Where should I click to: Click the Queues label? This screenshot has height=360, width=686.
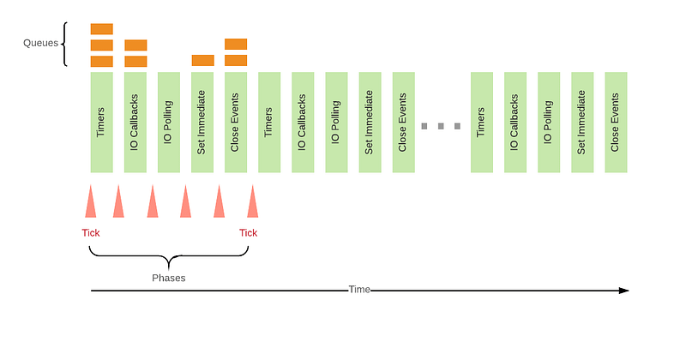(x=39, y=42)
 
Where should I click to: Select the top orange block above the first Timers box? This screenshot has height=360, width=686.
(x=101, y=29)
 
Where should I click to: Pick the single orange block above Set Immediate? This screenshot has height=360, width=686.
(x=202, y=60)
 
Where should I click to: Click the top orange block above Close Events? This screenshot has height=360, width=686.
(x=236, y=44)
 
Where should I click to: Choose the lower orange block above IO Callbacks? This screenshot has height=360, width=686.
(x=135, y=61)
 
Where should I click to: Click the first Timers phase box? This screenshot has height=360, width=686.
(x=101, y=122)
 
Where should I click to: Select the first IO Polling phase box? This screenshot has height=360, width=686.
(x=169, y=122)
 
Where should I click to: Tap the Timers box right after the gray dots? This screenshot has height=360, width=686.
(x=482, y=122)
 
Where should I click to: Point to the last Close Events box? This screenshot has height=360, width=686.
(x=616, y=122)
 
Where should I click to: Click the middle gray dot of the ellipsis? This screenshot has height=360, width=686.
(x=441, y=126)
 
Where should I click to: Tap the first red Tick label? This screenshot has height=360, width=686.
(x=90, y=233)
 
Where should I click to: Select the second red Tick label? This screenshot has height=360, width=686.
(x=248, y=233)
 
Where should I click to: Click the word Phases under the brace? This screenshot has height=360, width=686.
(x=169, y=278)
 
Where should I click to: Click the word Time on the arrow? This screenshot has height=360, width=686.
(x=359, y=290)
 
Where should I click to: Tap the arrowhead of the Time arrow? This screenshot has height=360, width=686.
(x=624, y=291)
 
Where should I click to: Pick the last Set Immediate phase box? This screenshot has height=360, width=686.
(x=582, y=122)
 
